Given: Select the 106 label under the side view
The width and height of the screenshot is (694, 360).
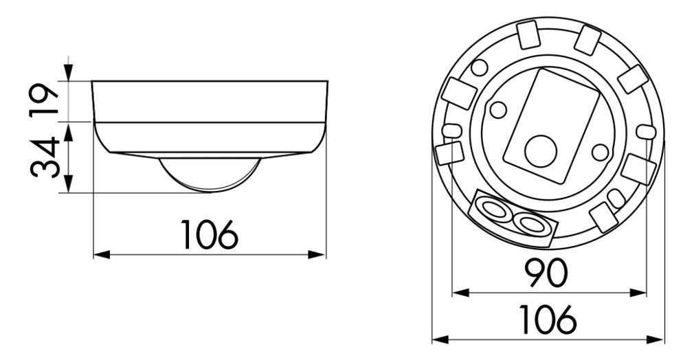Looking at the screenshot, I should pos(210,235).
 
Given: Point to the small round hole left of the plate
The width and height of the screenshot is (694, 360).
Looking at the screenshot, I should pos(498,109).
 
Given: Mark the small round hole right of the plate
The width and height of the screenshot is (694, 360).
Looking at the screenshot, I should pos(600,151).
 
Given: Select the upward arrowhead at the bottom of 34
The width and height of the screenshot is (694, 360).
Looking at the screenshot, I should pos(68,185).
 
